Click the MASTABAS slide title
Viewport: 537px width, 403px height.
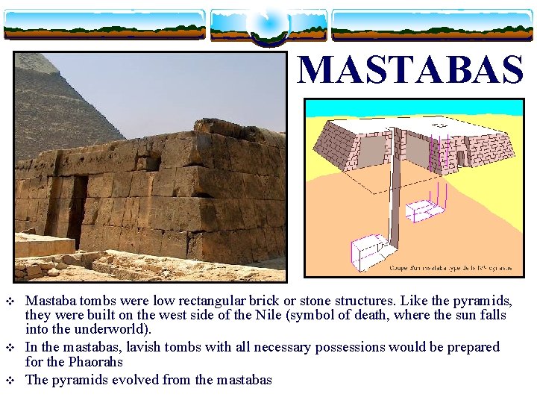click(411, 70)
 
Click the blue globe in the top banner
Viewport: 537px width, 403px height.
click(268, 25)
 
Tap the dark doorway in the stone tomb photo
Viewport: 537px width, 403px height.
click(76, 212)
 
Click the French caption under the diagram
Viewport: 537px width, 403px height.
click(452, 267)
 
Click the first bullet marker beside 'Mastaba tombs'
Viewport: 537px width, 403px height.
click(10, 302)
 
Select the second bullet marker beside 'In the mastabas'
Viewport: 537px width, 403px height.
click(10, 348)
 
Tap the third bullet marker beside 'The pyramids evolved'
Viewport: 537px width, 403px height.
click(10, 381)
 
